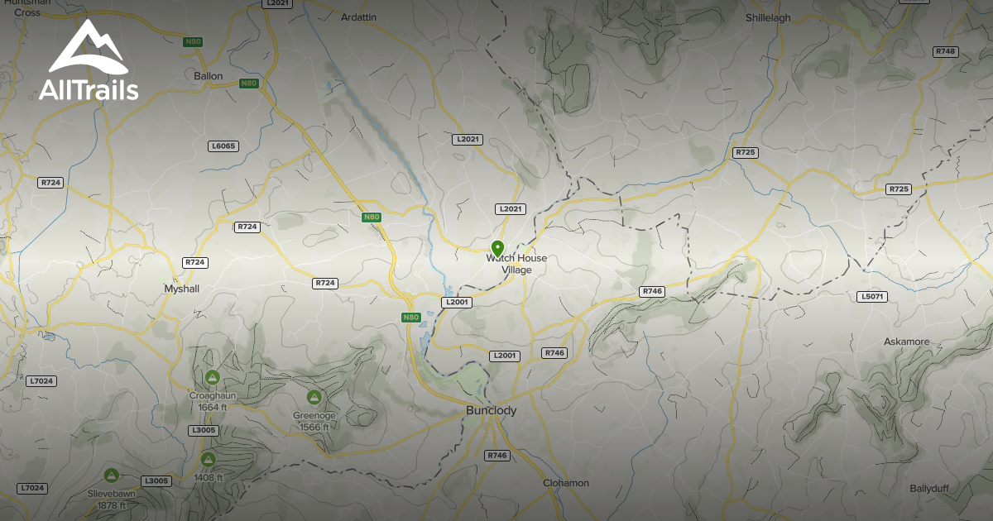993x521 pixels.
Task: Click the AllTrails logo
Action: (x=88, y=63)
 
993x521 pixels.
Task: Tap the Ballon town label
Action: (x=209, y=76)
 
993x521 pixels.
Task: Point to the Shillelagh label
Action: (x=768, y=17)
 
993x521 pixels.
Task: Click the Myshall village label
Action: (x=182, y=289)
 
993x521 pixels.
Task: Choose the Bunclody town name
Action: (x=491, y=410)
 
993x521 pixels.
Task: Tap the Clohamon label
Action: (x=566, y=483)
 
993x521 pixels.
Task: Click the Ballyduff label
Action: (x=929, y=488)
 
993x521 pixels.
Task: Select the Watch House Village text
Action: (x=516, y=264)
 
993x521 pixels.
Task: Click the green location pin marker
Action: (x=497, y=247)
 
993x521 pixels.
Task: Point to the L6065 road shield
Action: (x=223, y=146)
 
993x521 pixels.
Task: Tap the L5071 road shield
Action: (x=872, y=296)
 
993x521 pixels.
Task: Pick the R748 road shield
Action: (x=945, y=51)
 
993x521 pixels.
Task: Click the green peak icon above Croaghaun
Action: (x=212, y=378)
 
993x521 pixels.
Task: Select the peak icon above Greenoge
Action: (x=314, y=398)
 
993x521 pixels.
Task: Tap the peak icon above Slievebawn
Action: (x=111, y=476)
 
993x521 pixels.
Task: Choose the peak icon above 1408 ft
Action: (x=208, y=460)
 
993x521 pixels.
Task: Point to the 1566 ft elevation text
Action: (x=314, y=427)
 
